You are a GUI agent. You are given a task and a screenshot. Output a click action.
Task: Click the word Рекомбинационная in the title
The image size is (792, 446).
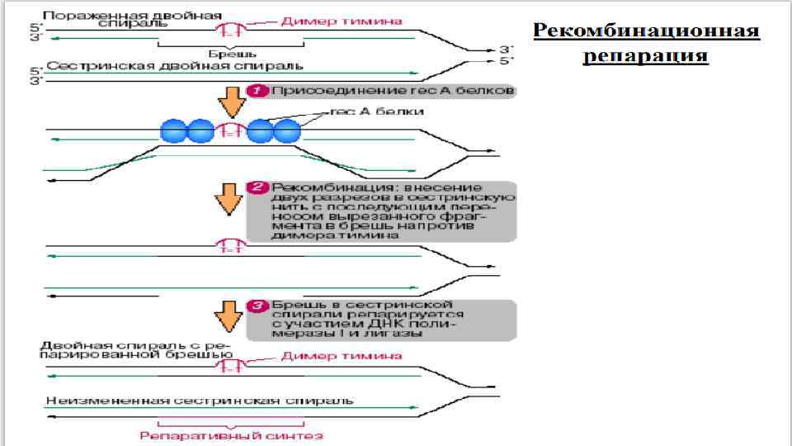click(646, 31)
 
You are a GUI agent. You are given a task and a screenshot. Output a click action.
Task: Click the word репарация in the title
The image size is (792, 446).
click(646, 55)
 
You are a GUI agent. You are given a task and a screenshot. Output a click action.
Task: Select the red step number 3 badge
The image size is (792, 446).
click(258, 306)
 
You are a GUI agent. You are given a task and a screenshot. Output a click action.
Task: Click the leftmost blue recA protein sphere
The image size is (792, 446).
click(174, 130)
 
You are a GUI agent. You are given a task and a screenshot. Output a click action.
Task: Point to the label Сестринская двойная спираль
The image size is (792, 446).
click(175, 65)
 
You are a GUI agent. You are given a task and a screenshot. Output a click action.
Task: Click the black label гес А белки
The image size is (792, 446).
click(377, 111)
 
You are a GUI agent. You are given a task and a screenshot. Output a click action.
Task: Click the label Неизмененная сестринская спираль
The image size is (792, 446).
click(200, 401)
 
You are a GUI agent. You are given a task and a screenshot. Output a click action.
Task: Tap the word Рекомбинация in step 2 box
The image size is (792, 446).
click(313, 187)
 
